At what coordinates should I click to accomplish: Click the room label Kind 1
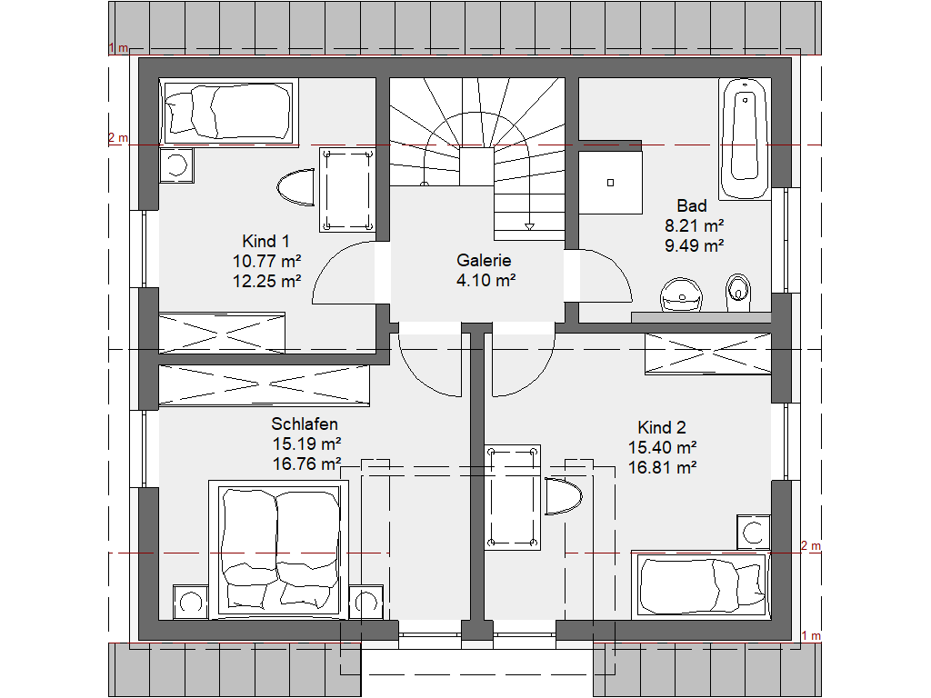click(x=266, y=241)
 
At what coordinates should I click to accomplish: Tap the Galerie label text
click(x=484, y=260)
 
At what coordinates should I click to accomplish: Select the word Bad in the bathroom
click(x=692, y=206)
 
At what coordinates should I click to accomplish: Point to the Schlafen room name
click(x=305, y=424)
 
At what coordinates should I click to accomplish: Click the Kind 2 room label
click(x=662, y=427)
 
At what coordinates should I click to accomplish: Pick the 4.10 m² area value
click(x=486, y=280)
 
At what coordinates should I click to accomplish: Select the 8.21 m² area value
click(x=694, y=225)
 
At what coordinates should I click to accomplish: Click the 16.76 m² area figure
click(x=307, y=464)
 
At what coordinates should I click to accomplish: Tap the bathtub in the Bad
click(x=745, y=139)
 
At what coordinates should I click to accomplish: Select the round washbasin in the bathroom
click(x=682, y=294)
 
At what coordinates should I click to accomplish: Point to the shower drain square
click(x=610, y=183)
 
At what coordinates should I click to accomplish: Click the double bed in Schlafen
click(x=278, y=550)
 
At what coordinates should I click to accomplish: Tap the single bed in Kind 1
click(x=228, y=112)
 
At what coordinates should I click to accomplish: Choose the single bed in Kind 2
click(x=701, y=585)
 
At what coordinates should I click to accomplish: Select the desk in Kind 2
click(x=513, y=497)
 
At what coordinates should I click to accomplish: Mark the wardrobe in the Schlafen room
click(x=265, y=385)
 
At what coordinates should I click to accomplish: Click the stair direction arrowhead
click(x=530, y=226)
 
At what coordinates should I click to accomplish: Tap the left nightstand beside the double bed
click(x=191, y=602)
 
